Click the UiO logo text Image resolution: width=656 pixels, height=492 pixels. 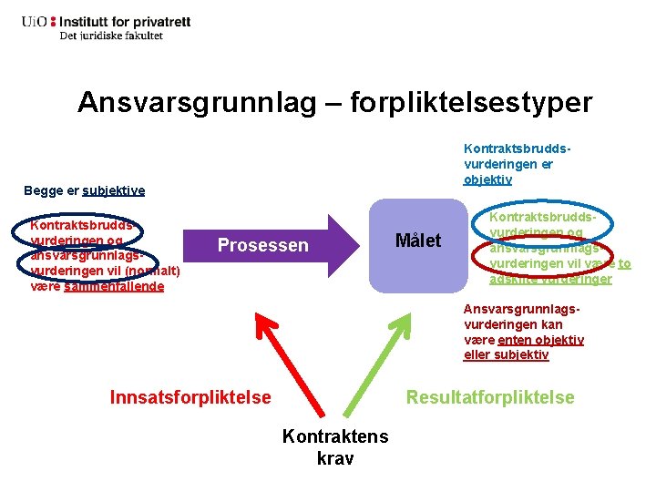[36, 21]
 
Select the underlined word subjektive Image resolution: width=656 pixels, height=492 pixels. [113, 190]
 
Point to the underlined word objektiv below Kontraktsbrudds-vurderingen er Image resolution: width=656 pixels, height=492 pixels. [488, 179]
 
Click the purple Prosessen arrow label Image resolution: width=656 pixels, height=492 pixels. [263, 245]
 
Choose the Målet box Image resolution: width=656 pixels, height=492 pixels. [417, 241]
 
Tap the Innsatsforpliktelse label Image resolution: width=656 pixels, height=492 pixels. [190, 397]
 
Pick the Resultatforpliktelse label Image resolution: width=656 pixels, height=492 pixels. [490, 397]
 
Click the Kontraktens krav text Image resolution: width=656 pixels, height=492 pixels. [335, 446]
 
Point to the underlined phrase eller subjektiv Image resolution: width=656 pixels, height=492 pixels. [507, 354]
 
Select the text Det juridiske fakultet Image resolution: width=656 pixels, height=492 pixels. [111, 36]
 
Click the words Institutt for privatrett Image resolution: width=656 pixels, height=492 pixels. [131, 20]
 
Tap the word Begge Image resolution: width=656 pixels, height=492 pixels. [43, 190]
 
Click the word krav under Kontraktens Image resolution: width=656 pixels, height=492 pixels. [335, 457]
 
